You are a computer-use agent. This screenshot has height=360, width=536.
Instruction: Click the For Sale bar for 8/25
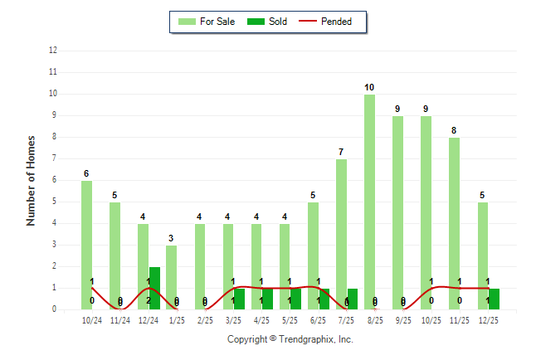point(369,202)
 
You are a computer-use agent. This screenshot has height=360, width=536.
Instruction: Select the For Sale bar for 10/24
point(86,245)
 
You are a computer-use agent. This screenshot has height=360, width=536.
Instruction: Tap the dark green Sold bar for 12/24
point(154,288)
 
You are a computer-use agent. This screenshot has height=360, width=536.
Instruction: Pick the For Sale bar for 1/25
point(171,277)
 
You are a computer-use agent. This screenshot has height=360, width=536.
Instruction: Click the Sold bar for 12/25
point(494,299)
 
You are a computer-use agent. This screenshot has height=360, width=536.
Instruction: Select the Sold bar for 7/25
point(353,299)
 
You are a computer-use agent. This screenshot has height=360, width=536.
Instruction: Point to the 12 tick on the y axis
point(53,51)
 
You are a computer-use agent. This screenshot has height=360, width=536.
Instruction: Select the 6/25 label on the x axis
point(318,319)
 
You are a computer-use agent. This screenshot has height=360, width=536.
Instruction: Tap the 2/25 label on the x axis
point(204,319)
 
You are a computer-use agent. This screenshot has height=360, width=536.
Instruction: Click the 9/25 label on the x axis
point(403,319)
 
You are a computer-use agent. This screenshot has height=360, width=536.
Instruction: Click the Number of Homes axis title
point(32,180)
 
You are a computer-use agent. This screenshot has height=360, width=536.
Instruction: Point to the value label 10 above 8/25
point(369,87)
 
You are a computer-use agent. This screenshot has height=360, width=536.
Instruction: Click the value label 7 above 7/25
point(341,152)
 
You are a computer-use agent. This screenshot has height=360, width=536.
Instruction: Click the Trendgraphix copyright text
point(290,339)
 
